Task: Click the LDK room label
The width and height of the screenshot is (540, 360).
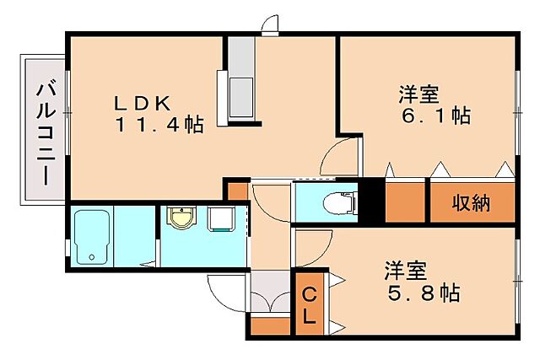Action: [x=143, y=103]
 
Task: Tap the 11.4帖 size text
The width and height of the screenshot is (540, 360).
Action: [x=160, y=126]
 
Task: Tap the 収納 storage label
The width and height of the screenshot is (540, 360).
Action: [x=472, y=203]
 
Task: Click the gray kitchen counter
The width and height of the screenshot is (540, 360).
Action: [x=241, y=79]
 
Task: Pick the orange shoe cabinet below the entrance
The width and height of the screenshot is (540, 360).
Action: [x=270, y=323]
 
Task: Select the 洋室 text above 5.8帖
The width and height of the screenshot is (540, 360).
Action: [x=407, y=271]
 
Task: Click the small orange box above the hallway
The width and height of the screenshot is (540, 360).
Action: [x=238, y=190]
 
